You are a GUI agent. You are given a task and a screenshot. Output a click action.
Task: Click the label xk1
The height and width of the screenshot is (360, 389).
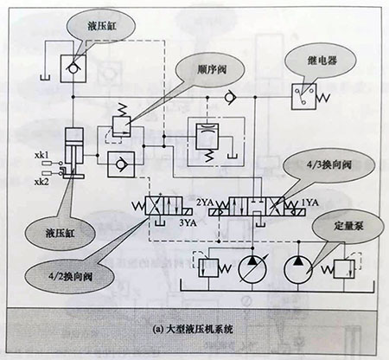pos(41,155)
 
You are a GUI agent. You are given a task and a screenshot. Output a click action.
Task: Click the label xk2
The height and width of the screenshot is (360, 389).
pos(41,182)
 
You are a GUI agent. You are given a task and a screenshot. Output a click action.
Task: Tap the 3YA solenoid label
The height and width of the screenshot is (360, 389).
pos(188,222)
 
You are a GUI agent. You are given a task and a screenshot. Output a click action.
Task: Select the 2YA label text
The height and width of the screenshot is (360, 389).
pos(205,202)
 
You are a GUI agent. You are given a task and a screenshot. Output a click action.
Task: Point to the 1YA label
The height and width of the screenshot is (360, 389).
pos(309,202)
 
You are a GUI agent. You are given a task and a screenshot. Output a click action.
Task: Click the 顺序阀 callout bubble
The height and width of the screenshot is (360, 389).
pos(210,69)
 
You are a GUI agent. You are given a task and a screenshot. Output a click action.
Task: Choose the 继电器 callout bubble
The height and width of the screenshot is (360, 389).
pos(321,61)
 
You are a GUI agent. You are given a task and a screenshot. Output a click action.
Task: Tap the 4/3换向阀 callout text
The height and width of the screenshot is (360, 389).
pos(328,165)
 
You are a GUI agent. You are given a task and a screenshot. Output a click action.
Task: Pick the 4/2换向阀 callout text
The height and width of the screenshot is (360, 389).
pos(70,277)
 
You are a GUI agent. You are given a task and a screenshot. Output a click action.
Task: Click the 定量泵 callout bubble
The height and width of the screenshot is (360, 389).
pos(348,226)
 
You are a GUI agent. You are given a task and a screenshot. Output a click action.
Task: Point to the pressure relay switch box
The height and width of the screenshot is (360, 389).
pos(303,97)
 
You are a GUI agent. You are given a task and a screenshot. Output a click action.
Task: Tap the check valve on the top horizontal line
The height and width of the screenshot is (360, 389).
pos(230,97)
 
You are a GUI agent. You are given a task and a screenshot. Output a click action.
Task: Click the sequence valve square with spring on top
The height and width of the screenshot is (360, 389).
pos(121,125)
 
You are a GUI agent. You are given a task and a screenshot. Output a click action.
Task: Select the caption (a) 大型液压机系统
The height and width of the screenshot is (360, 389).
pos(193,329)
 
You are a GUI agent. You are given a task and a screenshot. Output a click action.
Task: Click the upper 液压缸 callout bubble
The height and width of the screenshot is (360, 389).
pos(101,26)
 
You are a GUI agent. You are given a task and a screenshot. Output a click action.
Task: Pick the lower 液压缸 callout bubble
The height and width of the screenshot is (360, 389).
pos(60,233)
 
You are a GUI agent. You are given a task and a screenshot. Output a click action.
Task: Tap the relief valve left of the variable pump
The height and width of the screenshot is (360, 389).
pos(208,268)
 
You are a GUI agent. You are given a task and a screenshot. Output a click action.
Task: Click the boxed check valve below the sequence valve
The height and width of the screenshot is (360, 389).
pos(121,164)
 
